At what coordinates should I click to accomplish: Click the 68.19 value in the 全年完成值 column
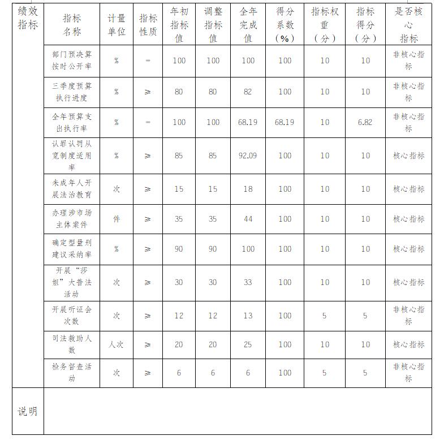[x=248, y=122]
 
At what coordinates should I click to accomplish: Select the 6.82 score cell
[x=365, y=122]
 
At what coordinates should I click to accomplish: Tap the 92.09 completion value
[x=248, y=156]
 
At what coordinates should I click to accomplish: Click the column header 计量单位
[x=117, y=25]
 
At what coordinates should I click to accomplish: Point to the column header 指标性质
[x=148, y=25]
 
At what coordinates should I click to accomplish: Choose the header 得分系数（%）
[x=284, y=25]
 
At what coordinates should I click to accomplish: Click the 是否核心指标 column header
[x=408, y=25]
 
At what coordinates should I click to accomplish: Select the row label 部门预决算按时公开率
[x=72, y=61]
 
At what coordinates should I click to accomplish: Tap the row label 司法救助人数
[x=72, y=344]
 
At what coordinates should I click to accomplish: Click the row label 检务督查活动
[x=72, y=373]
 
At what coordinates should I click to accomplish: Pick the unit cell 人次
[x=117, y=344]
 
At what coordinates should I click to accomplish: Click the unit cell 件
[x=117, y=219]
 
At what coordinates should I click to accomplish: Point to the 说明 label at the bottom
[x=27, y=411]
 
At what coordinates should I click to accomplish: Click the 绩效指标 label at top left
[x=28, y=18]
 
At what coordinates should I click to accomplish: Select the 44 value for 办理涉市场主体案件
[x=248, y=219]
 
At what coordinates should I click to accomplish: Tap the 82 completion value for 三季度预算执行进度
[x=248, y=92]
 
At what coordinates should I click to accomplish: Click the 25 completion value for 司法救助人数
[x=248, y=344]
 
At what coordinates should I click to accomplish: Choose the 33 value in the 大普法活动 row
[x=248, y=282]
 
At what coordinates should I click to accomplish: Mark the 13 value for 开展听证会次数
[x=248, y=316]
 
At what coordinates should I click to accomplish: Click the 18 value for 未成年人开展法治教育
[x=248, y=189]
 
